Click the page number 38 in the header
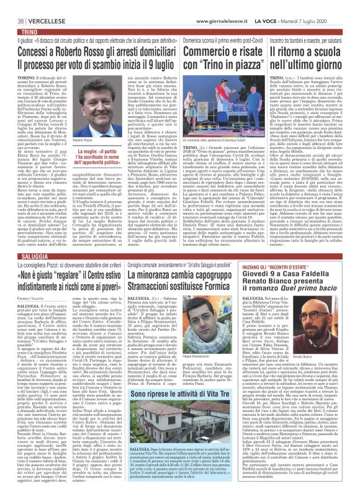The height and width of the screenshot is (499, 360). (12, 5)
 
